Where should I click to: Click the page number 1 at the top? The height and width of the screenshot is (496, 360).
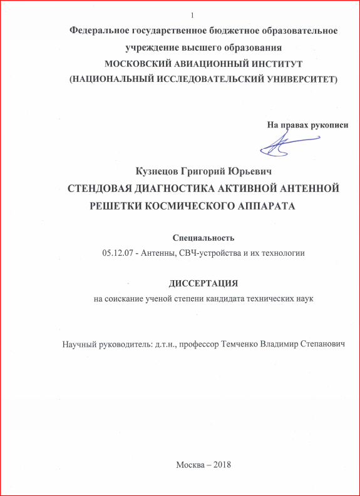192,15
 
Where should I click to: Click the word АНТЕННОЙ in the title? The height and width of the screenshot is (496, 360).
307,188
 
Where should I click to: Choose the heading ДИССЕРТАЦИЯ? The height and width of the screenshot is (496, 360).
203,283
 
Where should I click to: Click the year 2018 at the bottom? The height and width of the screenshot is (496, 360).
222,464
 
